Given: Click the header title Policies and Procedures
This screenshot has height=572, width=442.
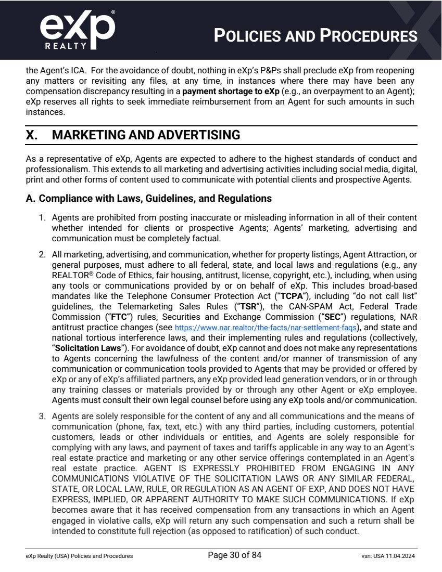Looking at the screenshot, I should (x=316, y=36).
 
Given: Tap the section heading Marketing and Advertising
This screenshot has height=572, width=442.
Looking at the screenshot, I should (x=146, y=135).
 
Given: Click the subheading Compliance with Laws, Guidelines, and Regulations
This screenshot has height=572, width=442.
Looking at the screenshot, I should (x=148, y=198).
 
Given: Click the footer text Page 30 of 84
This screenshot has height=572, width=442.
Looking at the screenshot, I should (x=234, y=555).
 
